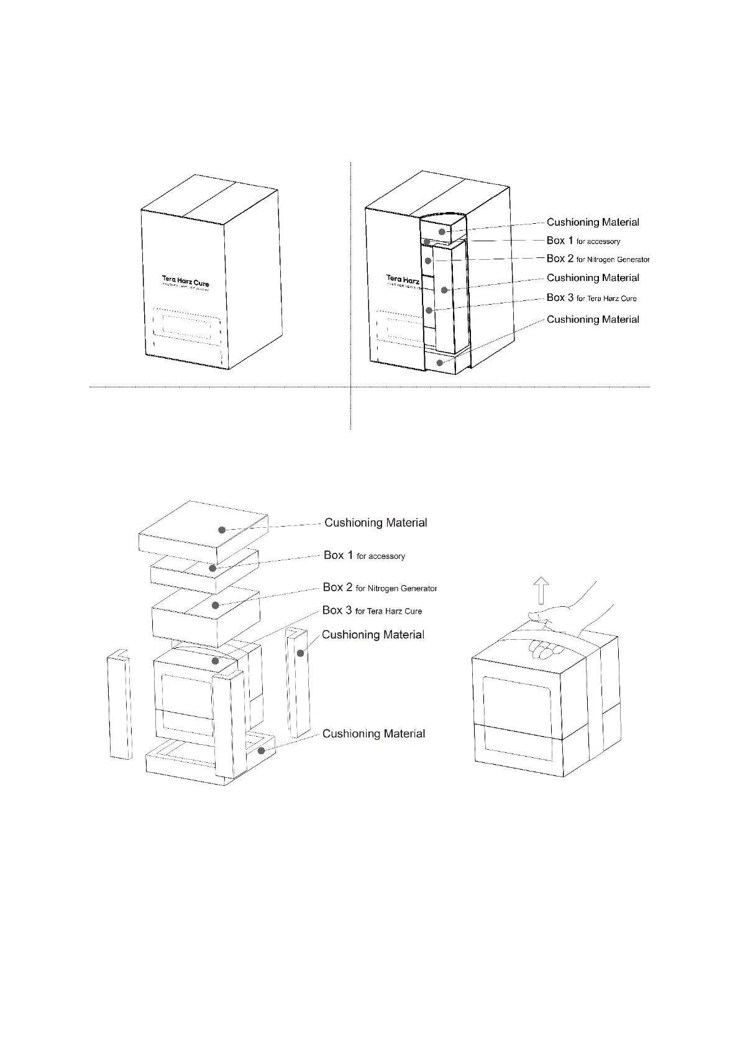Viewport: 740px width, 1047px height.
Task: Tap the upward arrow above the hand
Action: (x=542, y=591)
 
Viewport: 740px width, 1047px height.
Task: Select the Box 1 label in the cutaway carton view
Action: (x=583, y=241)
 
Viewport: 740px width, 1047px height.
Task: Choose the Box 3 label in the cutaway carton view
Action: (x=592, y=298)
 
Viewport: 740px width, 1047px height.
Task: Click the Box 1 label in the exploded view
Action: (x=364, y=555)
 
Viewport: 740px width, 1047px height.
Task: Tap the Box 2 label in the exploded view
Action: (x=380, y=588)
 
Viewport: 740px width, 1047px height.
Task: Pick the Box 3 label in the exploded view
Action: (x=372, y=611)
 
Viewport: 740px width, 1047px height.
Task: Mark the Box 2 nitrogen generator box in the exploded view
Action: (x=205, y=612)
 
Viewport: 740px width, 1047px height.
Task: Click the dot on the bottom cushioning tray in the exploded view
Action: (x=262, y=751)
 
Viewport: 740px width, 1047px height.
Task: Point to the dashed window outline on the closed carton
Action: (x=186, y=325)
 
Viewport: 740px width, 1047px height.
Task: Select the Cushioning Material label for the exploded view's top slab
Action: (x=375, y=523)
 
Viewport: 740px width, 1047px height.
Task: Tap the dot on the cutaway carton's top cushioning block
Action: (x=442, y=232)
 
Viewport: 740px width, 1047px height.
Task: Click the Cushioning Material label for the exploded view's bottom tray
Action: (x=373, y=734)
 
